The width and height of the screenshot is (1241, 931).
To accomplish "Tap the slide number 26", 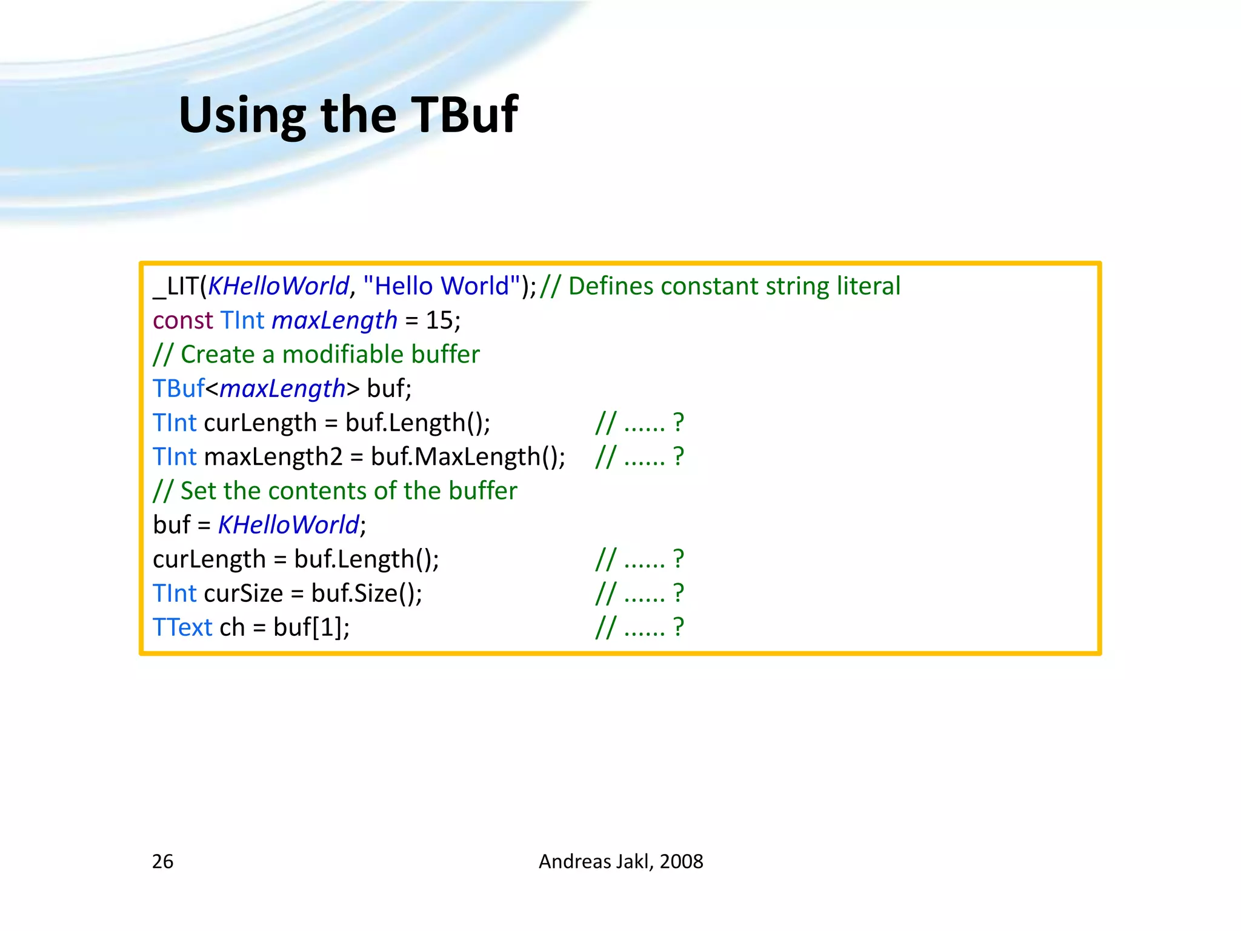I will coord(162,861).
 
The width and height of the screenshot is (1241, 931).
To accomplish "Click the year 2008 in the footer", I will coord(681,861).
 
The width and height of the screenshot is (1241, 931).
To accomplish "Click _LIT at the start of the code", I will coord(176,286).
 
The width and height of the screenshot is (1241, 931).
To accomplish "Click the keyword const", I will coord(182,320).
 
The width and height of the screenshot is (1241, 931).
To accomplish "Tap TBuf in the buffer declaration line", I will coord(178,389).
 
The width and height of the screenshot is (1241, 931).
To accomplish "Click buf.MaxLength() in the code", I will coord(468,456).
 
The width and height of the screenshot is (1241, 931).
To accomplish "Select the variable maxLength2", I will coord(273,456).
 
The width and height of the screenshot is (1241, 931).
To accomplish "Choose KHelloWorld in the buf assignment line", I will coord(288,525).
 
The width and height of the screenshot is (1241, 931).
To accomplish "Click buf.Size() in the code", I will coord(366,593).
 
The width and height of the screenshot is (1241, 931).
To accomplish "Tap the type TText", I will coord(182,627).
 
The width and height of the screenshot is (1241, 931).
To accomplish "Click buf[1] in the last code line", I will coord(310,627).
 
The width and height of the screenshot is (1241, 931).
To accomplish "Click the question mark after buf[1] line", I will coord(679,627).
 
